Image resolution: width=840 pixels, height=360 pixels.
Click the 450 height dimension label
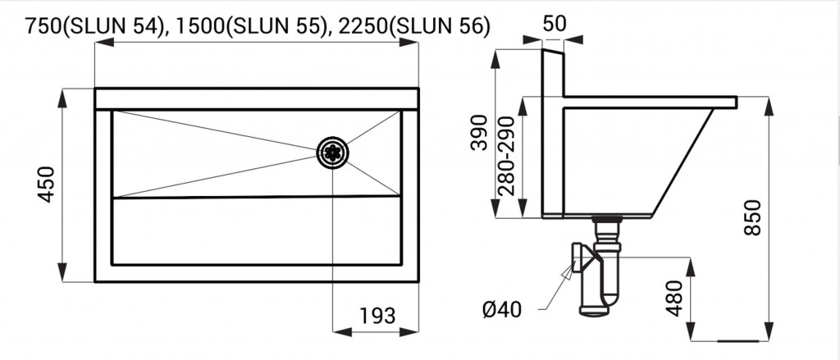click(x=47, y=185)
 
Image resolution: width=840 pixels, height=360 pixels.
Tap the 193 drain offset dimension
click(x=377, y=316)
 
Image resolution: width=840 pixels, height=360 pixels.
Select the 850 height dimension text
click(x=753, y=217)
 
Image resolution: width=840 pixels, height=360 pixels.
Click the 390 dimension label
click(x=479, y=132)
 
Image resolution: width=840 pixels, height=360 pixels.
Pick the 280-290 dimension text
click(x=505, y=156)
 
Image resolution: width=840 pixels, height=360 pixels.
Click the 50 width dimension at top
click(x=555, y=24)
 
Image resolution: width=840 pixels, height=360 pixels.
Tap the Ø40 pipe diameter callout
click(x=501, y=310)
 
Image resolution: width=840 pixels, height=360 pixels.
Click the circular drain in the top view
click(x=333, y=153)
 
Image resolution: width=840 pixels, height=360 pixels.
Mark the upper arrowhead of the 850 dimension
click(x=769, y=106)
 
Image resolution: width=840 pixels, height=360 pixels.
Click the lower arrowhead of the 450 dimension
click(x=62, y=271)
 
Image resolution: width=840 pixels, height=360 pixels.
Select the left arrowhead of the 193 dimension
click(x=342, y=331)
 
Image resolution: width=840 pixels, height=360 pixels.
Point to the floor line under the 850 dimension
click(x=738, y=340)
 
